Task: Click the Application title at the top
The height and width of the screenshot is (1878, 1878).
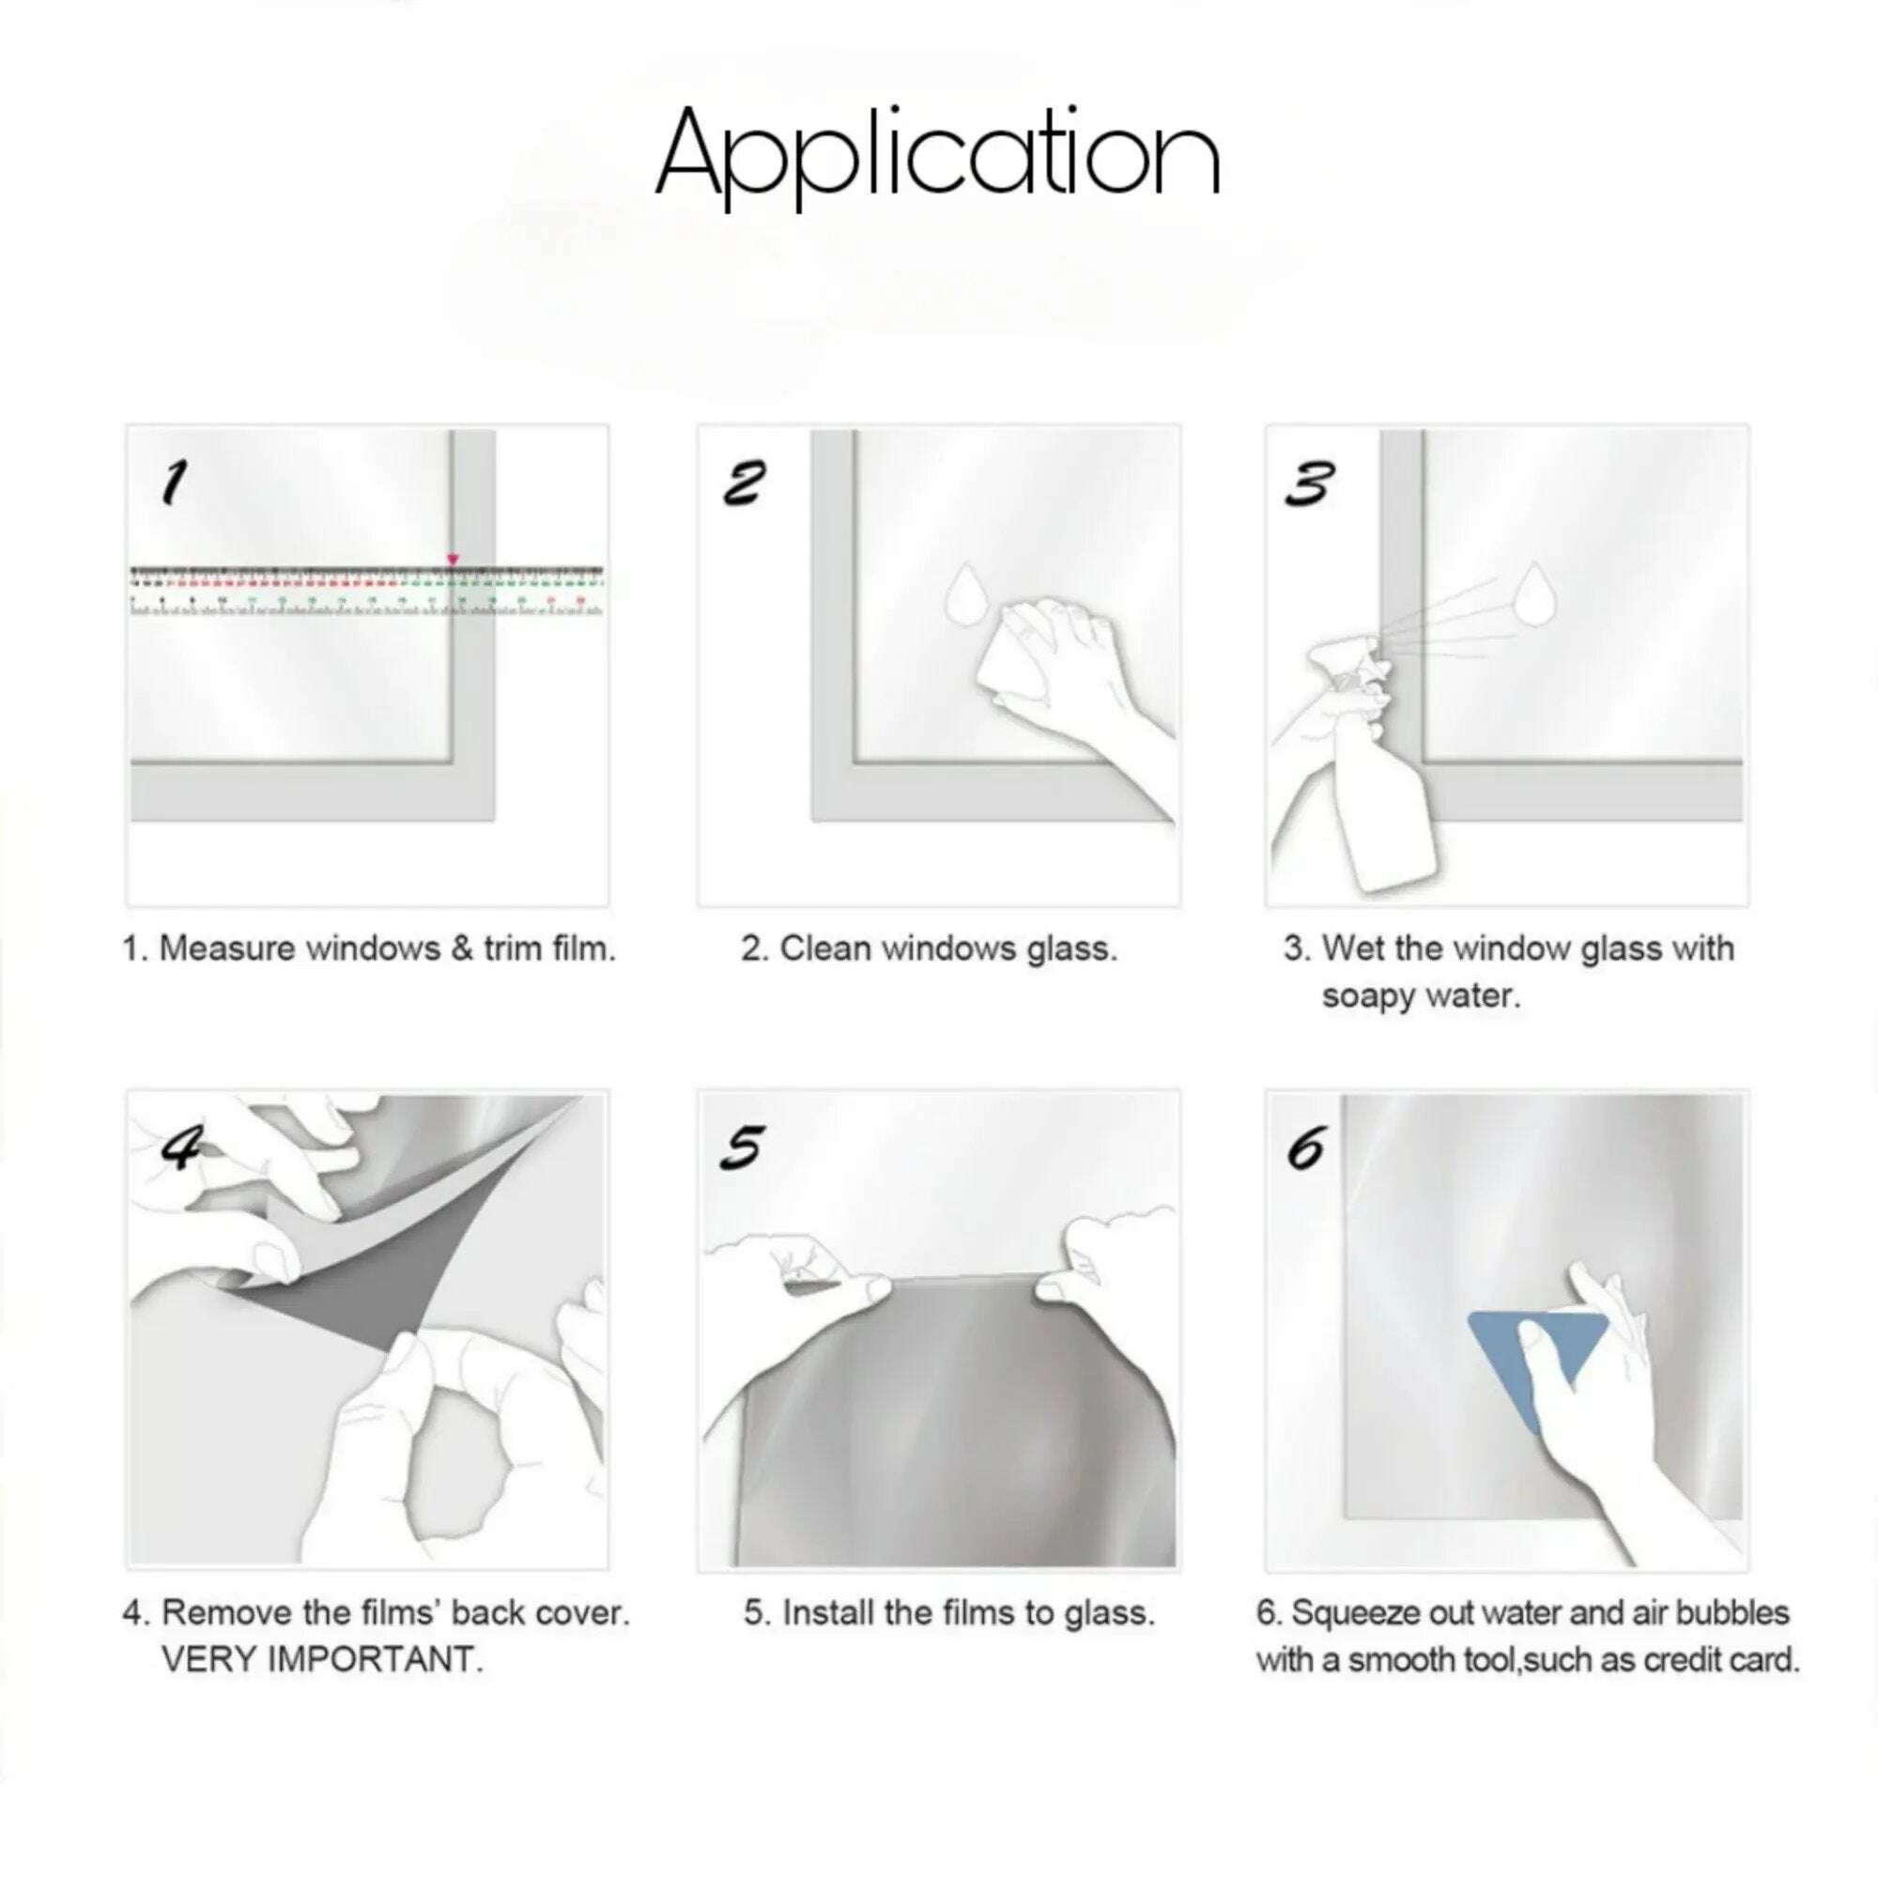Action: click(938, 156)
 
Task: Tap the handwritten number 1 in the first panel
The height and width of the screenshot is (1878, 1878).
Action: click(174, 483)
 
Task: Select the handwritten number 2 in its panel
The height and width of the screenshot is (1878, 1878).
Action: click(745, 483)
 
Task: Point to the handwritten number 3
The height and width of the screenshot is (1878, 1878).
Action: click(1309, 483)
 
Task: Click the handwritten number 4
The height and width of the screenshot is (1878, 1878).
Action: click(182, 1150)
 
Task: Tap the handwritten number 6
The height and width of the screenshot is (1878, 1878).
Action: click(1305, 1150)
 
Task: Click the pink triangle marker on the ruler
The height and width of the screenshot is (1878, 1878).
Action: click(452, 559)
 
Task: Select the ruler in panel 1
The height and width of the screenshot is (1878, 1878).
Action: click(366, 590)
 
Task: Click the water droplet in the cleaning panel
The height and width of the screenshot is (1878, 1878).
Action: click(964, 594)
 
